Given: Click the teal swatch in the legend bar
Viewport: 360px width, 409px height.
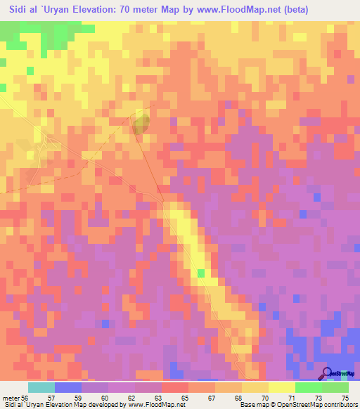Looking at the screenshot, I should point(41,387).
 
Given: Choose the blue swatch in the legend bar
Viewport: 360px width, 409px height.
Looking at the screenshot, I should point(68,387).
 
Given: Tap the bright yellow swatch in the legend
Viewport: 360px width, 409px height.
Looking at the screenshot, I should point(282,387).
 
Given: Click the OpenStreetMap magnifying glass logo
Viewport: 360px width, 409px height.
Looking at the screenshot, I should point(328,373).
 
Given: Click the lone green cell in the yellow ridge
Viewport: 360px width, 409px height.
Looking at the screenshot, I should point(201,273).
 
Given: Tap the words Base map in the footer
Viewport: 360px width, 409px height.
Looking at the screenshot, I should point(254,405).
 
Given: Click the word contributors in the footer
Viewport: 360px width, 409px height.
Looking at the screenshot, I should point(340,405).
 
